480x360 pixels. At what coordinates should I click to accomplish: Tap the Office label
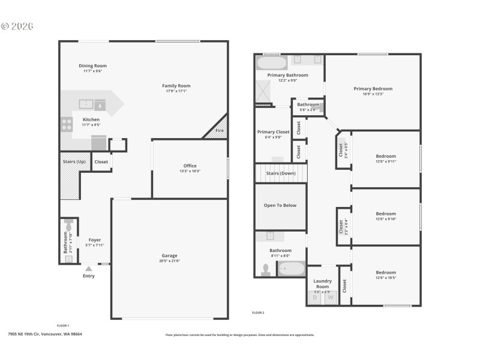(x=190, y=166)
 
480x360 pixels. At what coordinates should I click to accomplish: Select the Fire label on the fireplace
(x=220, y=130)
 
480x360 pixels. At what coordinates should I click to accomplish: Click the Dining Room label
(x=92, y=65)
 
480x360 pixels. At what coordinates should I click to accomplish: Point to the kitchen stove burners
(x=67, y=124)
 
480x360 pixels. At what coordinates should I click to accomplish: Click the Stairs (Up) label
(x=74, y=161)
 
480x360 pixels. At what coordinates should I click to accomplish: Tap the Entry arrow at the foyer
(x=88, y=269)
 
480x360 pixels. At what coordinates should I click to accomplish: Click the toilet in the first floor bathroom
(x=68, y=227)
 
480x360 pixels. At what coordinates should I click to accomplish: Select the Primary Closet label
(x=274, y=131)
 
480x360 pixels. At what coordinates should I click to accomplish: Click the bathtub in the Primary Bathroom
(x=272, y=63)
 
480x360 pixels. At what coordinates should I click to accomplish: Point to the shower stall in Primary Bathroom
(x=265, y=91)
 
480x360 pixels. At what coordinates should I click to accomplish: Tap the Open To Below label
(x=280, y=205)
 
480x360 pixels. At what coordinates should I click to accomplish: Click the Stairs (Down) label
(x=281, y=173)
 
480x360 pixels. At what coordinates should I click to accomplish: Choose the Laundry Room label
(x=323, y=283)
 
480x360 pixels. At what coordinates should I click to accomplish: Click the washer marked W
(x=330, y=298)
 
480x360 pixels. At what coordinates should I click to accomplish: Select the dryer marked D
(x=315, y=298)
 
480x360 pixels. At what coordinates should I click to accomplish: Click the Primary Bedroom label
(x=373, y=88)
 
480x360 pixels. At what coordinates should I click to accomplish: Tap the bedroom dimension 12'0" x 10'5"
(x=386, y=278)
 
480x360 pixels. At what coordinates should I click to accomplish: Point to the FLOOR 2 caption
(x=258, y=313)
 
